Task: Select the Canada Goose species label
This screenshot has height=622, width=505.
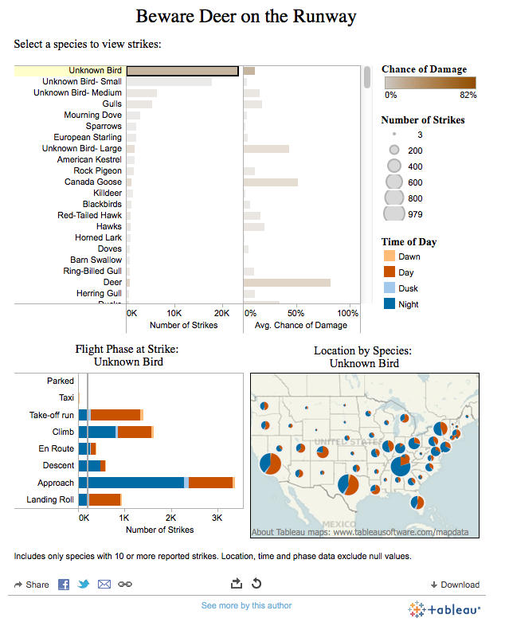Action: click(x=92, y=182)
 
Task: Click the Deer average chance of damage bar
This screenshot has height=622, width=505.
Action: click(x=287, y=283)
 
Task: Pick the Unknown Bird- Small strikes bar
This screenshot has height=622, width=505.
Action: click(x=169, y=82)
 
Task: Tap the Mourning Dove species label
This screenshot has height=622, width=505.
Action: click(x=92, y=115)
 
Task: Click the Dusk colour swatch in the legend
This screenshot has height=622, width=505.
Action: click(x=389, y=288)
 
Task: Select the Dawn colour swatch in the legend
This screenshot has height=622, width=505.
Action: click(x=389, y=256)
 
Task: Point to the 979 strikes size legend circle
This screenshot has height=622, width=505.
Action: click(x=394, y=213)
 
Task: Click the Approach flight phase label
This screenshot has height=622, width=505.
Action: click(x=56, y=483)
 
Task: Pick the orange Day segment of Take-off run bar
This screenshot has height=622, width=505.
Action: click(x=115, y=415)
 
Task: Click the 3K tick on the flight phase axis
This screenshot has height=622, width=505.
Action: click(x=216, y=518)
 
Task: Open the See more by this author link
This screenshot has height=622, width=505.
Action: click(x=246, y=606)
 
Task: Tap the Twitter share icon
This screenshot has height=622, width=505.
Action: click(x=84, y=585)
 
